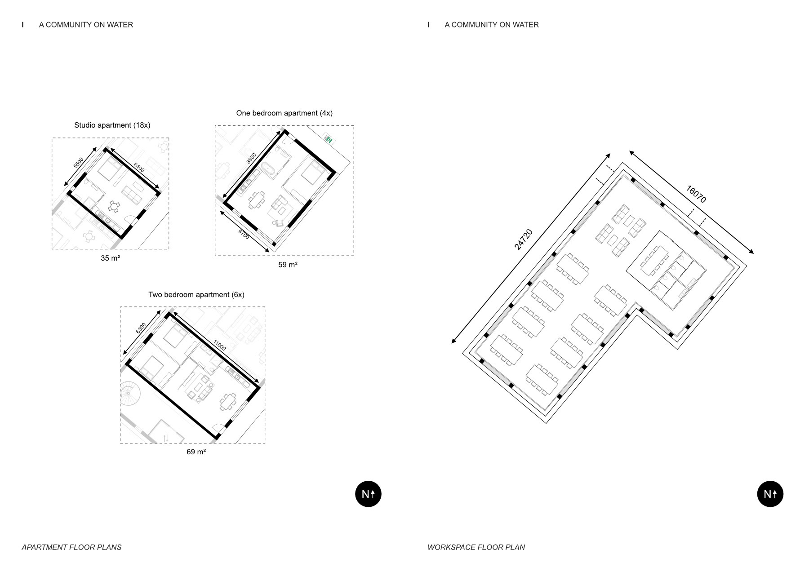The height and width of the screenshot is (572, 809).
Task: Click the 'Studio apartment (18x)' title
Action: point(112,125)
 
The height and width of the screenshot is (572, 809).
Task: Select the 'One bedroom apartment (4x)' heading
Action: point(284,113)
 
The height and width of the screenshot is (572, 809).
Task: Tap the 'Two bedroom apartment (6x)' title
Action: point(196,295)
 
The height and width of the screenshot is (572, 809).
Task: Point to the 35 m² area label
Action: point(110,258)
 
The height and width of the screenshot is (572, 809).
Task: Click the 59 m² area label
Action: point(288,265)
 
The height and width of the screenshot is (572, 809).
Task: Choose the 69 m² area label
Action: point(196,452)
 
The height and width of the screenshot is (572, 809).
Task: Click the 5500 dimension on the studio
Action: point(79,163)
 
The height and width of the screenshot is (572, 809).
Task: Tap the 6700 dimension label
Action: point(244,234)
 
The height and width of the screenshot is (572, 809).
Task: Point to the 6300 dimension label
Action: point(141,328)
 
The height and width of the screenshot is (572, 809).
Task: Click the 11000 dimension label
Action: point(219,345)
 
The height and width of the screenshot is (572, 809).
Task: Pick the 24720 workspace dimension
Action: point(523,239)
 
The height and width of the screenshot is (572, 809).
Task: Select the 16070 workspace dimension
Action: point(696,194)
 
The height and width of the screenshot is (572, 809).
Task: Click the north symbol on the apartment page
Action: point(368,494)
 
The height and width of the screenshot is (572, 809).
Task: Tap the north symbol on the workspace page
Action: point(770,494)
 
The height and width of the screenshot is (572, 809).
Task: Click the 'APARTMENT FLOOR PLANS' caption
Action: point(71,547)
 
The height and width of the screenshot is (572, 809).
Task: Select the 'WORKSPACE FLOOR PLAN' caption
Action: point(476,547)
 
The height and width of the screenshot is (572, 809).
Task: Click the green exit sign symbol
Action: point(329,139)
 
